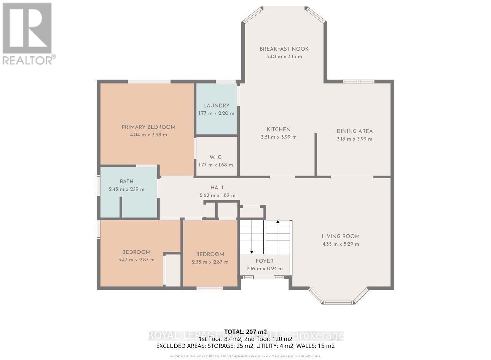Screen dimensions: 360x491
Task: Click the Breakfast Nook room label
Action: [x=284, y=49]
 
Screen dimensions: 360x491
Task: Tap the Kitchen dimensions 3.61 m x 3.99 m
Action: [x=279, y=137]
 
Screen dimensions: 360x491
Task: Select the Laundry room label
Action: [x=216, y=106]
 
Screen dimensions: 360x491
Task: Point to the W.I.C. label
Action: [x=216, y=157]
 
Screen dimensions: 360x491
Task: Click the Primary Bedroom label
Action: [x=148, y=127]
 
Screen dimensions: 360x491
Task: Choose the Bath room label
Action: [x=126, y=181]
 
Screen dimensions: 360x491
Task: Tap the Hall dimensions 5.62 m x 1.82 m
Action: [x=217, y=195]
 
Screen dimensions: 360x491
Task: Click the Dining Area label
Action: [x=354, y=131]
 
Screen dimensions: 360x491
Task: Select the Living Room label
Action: [x=341, y=236]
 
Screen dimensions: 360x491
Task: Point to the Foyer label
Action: [x=265, y=261]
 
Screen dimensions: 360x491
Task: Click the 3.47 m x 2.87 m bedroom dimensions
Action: [x=136, y=260]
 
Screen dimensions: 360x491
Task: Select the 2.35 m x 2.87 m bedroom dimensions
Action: [x=210, y=262]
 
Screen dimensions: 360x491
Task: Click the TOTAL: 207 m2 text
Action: [x=245, y=331]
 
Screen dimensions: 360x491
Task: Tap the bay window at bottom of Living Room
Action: [x=338, y=302]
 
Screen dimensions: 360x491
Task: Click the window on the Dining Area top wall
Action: [x=358, y=81]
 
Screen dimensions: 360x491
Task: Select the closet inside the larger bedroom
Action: [x=172, y=270]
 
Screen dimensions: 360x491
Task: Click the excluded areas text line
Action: [x=245, y=346]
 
